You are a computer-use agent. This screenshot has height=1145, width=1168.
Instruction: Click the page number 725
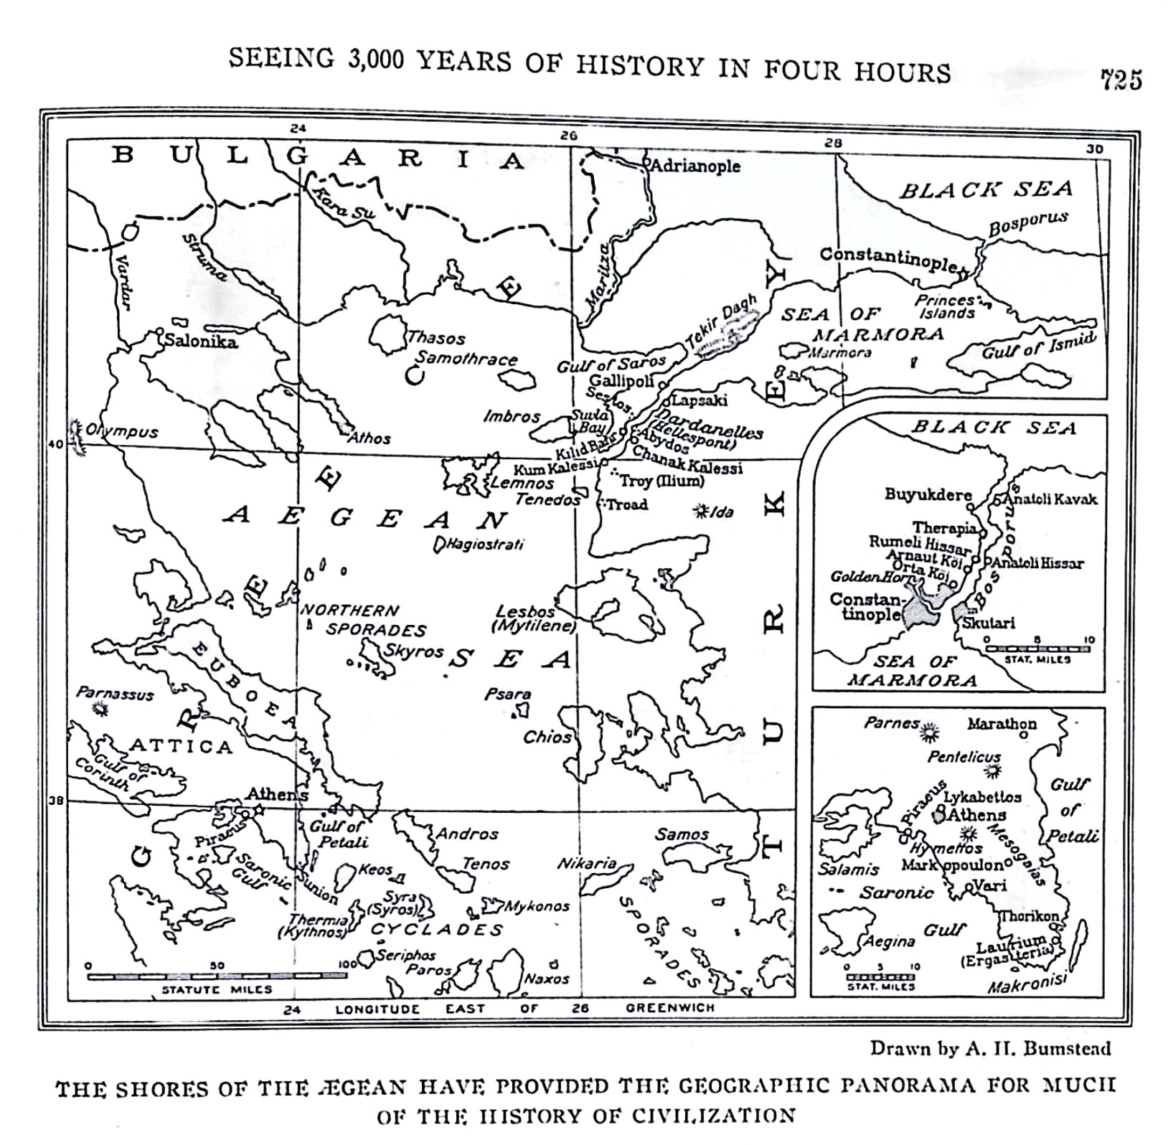pos(1121,80)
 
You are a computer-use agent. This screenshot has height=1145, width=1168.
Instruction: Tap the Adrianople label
pos(694,166)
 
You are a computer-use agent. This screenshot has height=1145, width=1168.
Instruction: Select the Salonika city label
pos(201,341)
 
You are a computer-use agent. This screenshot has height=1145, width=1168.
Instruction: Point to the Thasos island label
pos(436,338)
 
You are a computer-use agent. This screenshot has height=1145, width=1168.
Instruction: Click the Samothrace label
pos(466,358)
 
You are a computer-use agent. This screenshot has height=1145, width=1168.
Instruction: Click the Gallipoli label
pos(621,381)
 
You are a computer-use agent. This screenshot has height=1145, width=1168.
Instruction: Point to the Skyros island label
pos(414,651)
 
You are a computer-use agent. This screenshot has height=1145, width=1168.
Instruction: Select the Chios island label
pos(547,737)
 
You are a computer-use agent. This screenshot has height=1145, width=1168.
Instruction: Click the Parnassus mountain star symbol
pos(101,710)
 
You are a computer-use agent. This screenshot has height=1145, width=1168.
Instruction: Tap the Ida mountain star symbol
pos(700,511)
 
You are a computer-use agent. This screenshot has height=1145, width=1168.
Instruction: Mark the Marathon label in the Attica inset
pos(1002,724)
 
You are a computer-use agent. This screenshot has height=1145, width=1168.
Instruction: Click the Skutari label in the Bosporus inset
pos(989,623)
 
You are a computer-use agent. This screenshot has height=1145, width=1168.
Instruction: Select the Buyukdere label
pos(928,494)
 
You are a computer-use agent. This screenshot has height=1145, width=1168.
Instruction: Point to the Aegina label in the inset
pos(889,941)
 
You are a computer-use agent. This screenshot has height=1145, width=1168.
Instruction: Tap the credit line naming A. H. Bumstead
pos(990,1048)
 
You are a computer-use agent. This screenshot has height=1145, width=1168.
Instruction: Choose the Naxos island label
pos(547,978)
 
